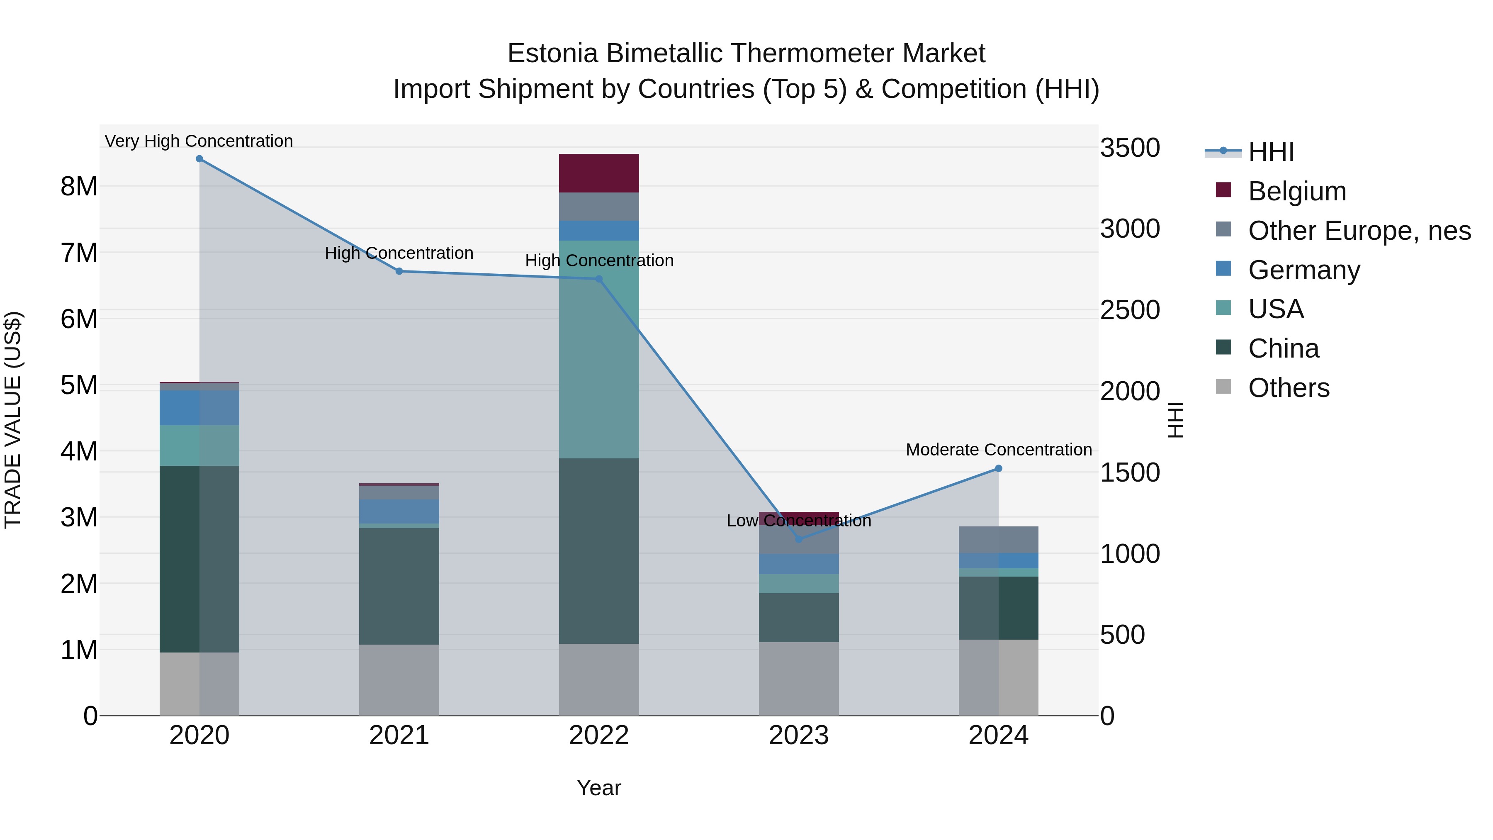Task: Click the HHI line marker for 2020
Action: (199, 159)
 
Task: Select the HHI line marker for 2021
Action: (399, 271)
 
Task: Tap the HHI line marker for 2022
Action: (599, 279)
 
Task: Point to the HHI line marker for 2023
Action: (799, 539)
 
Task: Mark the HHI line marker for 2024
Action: (999, 468)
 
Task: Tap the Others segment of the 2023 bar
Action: (799, 678)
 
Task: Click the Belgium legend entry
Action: (1297, 191)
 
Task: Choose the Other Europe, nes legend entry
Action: (1359, 231)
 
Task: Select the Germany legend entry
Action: (1304, 270)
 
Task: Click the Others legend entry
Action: (1289, 388)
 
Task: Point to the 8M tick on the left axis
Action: (79, 187)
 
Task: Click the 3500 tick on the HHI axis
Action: (1130, 148)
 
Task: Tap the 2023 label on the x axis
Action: (799, 735)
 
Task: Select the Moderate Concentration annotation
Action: (999, 450)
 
